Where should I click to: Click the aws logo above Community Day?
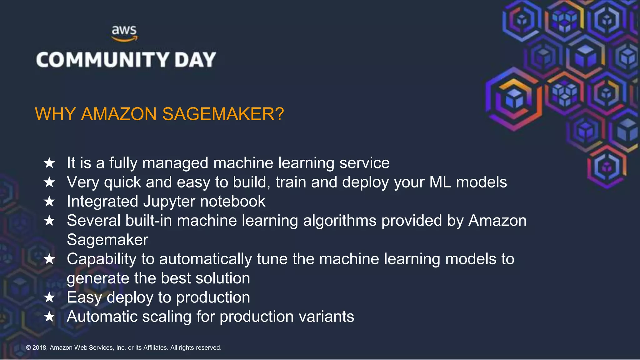click(124, 33)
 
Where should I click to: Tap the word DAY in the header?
click(195, 60)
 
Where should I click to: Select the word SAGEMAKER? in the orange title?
click(223, 114)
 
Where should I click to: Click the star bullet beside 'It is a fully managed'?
click(49, 163)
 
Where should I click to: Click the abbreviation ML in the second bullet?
click(440, 182)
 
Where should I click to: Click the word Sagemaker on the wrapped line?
click(107, 240)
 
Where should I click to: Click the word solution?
click(222, 278)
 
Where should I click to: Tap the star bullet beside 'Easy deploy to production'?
click(49, 297)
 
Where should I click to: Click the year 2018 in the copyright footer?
click(39, 348)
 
